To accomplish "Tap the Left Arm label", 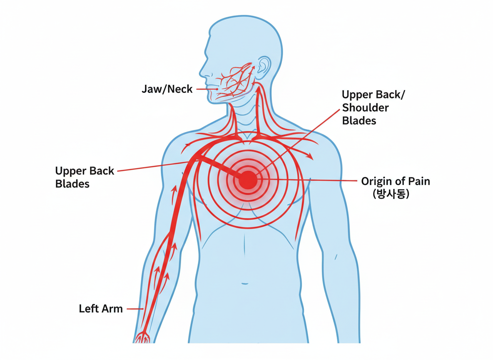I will coord(101,309).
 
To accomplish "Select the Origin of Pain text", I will coord(395,182).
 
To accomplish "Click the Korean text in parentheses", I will coord(391,193).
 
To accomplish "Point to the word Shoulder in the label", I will coord(365,108).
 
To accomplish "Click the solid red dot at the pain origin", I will coord(248,180).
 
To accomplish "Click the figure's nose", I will coord(203,70).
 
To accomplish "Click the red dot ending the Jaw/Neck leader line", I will coord(217,89).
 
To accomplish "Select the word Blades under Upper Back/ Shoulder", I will coord(359,121).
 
